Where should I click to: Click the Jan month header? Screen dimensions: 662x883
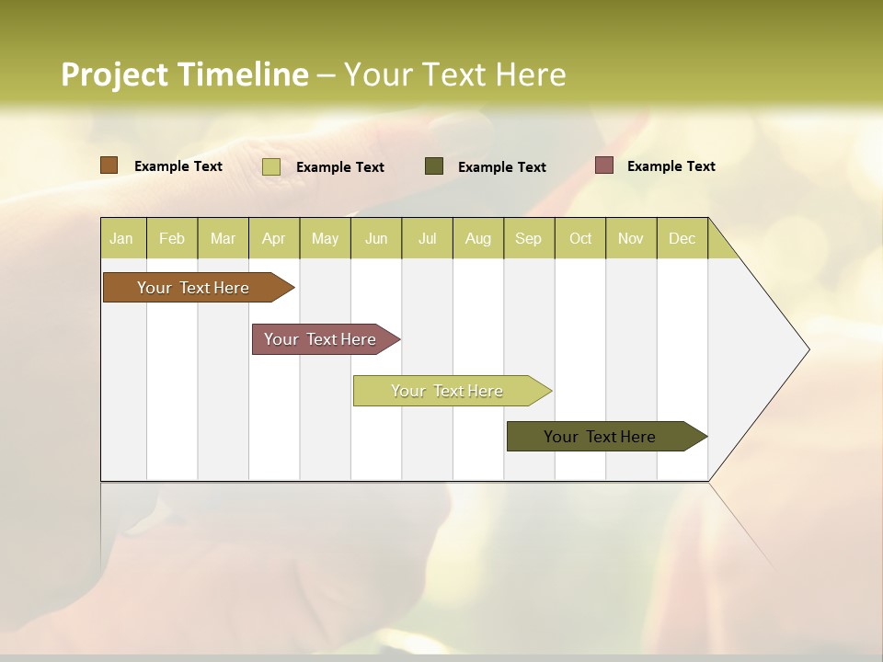122,238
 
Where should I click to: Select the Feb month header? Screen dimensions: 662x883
172,238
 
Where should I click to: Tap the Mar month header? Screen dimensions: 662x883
223,238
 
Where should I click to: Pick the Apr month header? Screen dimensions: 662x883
274,238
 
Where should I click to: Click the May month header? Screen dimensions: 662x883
325,238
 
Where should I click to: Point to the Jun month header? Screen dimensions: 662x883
376,238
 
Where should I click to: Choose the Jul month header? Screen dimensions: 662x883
427,238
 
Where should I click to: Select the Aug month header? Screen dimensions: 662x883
478,238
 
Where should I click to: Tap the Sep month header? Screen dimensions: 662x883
529,238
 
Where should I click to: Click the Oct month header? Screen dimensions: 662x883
580,238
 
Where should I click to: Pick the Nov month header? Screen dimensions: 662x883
631,238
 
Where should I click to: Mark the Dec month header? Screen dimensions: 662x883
682,238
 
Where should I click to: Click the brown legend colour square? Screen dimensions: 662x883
109,165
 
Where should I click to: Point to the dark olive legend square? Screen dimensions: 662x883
434,165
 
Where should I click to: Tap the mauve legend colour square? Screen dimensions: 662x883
603,165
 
